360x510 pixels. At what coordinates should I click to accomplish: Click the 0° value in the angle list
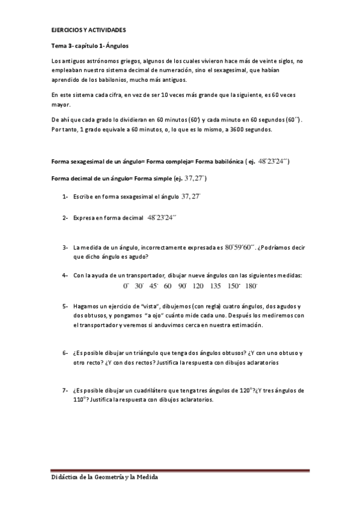tap(126, 286)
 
